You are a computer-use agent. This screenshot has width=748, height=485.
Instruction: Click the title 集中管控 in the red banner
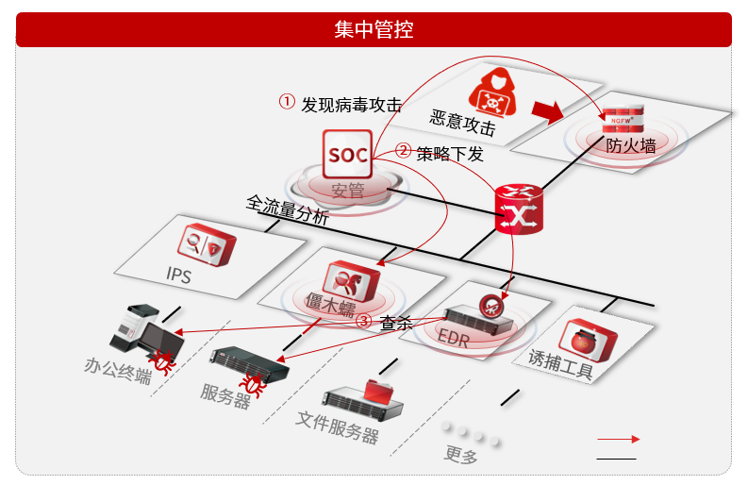coord(374,29)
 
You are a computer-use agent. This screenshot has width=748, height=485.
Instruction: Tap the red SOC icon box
coord(348,154)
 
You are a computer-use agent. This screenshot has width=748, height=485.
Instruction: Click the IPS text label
coord(178,276)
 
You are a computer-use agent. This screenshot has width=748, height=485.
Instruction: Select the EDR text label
coord(453,337)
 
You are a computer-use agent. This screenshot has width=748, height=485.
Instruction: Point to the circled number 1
coord(287,102)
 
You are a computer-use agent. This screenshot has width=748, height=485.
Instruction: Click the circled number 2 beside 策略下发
coord(403,150)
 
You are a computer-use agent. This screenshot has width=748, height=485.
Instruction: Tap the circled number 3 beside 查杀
coord(364,321)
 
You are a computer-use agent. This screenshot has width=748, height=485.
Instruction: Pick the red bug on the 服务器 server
coord(253,382)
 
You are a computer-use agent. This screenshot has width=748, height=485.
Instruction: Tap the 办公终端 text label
coord(118,371)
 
